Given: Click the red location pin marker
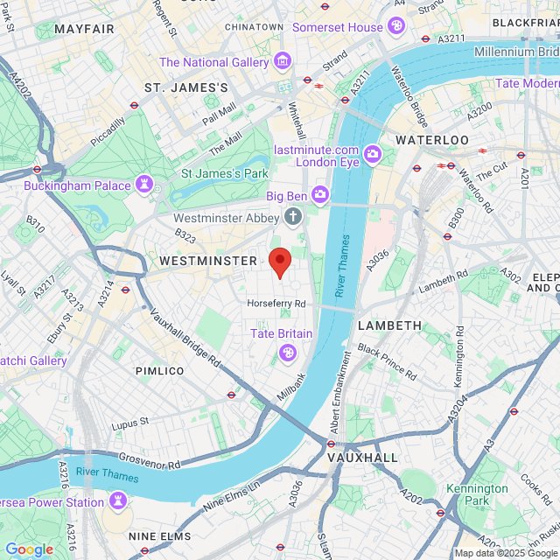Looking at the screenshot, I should (279, 262).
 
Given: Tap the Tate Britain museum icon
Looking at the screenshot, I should (285, 352).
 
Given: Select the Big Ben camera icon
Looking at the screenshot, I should (321, 194).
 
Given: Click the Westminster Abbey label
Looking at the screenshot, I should (226, 218).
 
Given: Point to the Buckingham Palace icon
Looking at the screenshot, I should (142, 185).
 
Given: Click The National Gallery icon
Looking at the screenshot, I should (282, 62).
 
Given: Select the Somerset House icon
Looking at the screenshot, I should (397, 27).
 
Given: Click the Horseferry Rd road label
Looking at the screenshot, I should (276, 304).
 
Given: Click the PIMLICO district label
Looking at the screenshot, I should (159, 371).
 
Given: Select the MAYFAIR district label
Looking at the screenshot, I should (84, 29).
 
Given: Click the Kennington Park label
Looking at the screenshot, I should (477, 494).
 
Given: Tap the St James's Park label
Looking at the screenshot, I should (224, 174).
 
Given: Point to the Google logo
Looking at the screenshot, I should (29, 549).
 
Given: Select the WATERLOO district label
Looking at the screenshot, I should (431, 140).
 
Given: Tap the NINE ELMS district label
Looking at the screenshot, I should (154, 536).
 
